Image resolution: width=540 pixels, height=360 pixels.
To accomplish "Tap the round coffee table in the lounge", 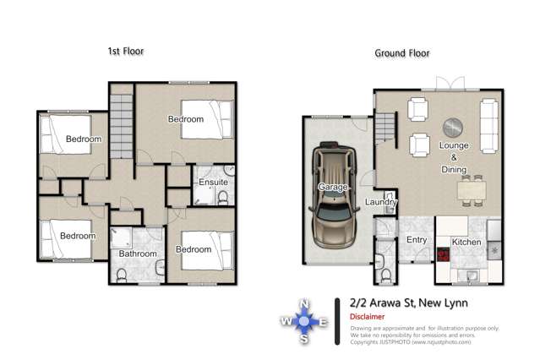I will pos(454,127).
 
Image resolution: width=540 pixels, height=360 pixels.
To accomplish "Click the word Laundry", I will pos(381,202).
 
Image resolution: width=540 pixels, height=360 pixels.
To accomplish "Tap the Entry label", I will pos(417,240).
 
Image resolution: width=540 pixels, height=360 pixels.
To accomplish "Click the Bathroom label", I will pos(137,254).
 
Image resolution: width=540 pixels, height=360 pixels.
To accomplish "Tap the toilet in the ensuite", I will pos(221,198).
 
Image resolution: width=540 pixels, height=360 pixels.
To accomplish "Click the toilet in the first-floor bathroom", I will pos(122,274).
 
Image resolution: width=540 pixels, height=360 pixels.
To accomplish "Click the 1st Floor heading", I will pos(125,52).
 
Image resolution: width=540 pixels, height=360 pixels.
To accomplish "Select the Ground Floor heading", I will pos(402,53).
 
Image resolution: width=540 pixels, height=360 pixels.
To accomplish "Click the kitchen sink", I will pos(471,275).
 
